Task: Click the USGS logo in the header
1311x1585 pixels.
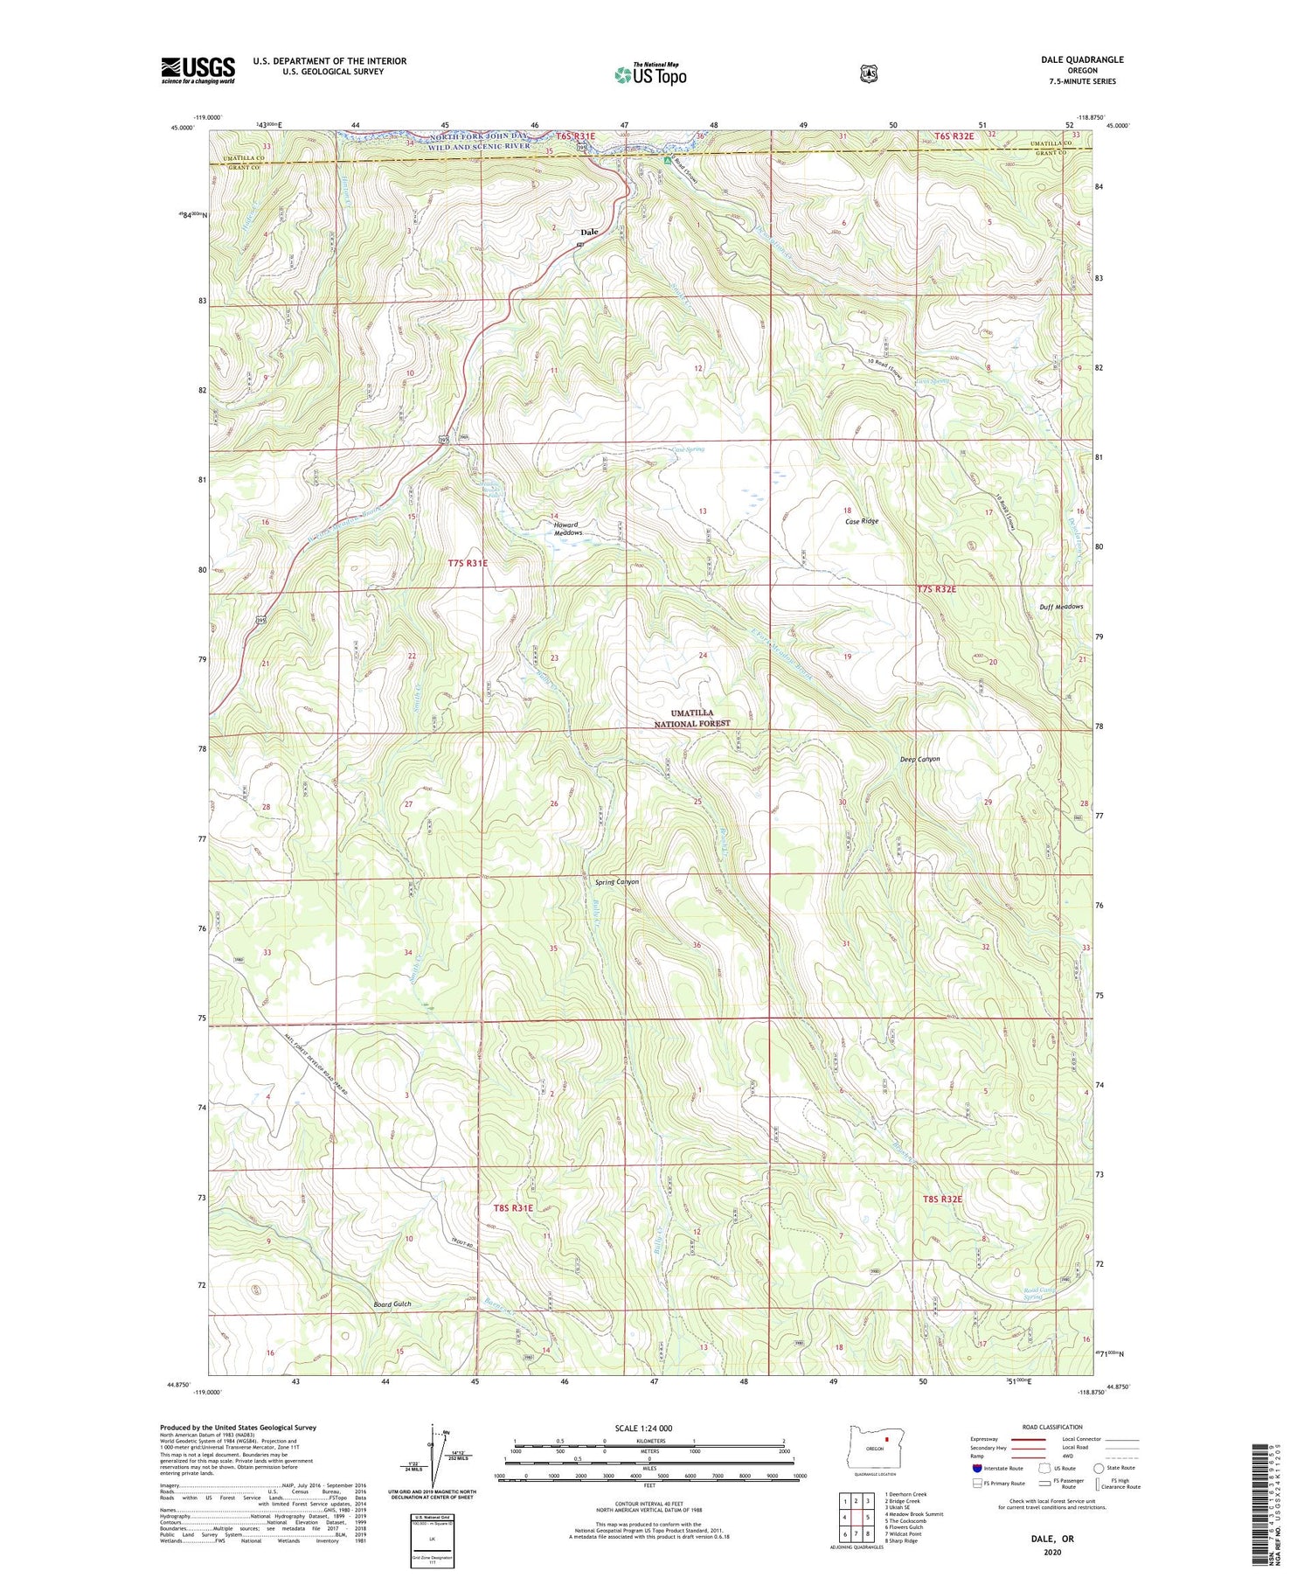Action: tap(198, 70)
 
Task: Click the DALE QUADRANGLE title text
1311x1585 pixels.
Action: tap(1081, 59)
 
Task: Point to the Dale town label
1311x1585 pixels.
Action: tap(590, 232)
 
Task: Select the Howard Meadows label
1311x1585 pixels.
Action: tap(566, 529)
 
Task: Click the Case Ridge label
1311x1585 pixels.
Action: tap(861, 521)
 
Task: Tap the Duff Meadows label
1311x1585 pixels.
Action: tap(1060, 607)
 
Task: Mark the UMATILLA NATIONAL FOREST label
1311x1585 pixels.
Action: tap(692, 718)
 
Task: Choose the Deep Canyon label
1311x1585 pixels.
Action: tap(919, 759)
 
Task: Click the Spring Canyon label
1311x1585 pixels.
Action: tap(616, 881)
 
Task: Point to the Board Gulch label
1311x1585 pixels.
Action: tap(392, 1303)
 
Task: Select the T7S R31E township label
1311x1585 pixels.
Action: tap(468, 564)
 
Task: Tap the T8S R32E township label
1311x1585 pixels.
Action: tap(941, 1199)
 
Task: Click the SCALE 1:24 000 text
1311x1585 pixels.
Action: tap(643, 1428)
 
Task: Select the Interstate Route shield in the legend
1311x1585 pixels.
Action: tap(977, 1468)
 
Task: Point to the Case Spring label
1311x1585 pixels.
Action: tap(689, 449)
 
